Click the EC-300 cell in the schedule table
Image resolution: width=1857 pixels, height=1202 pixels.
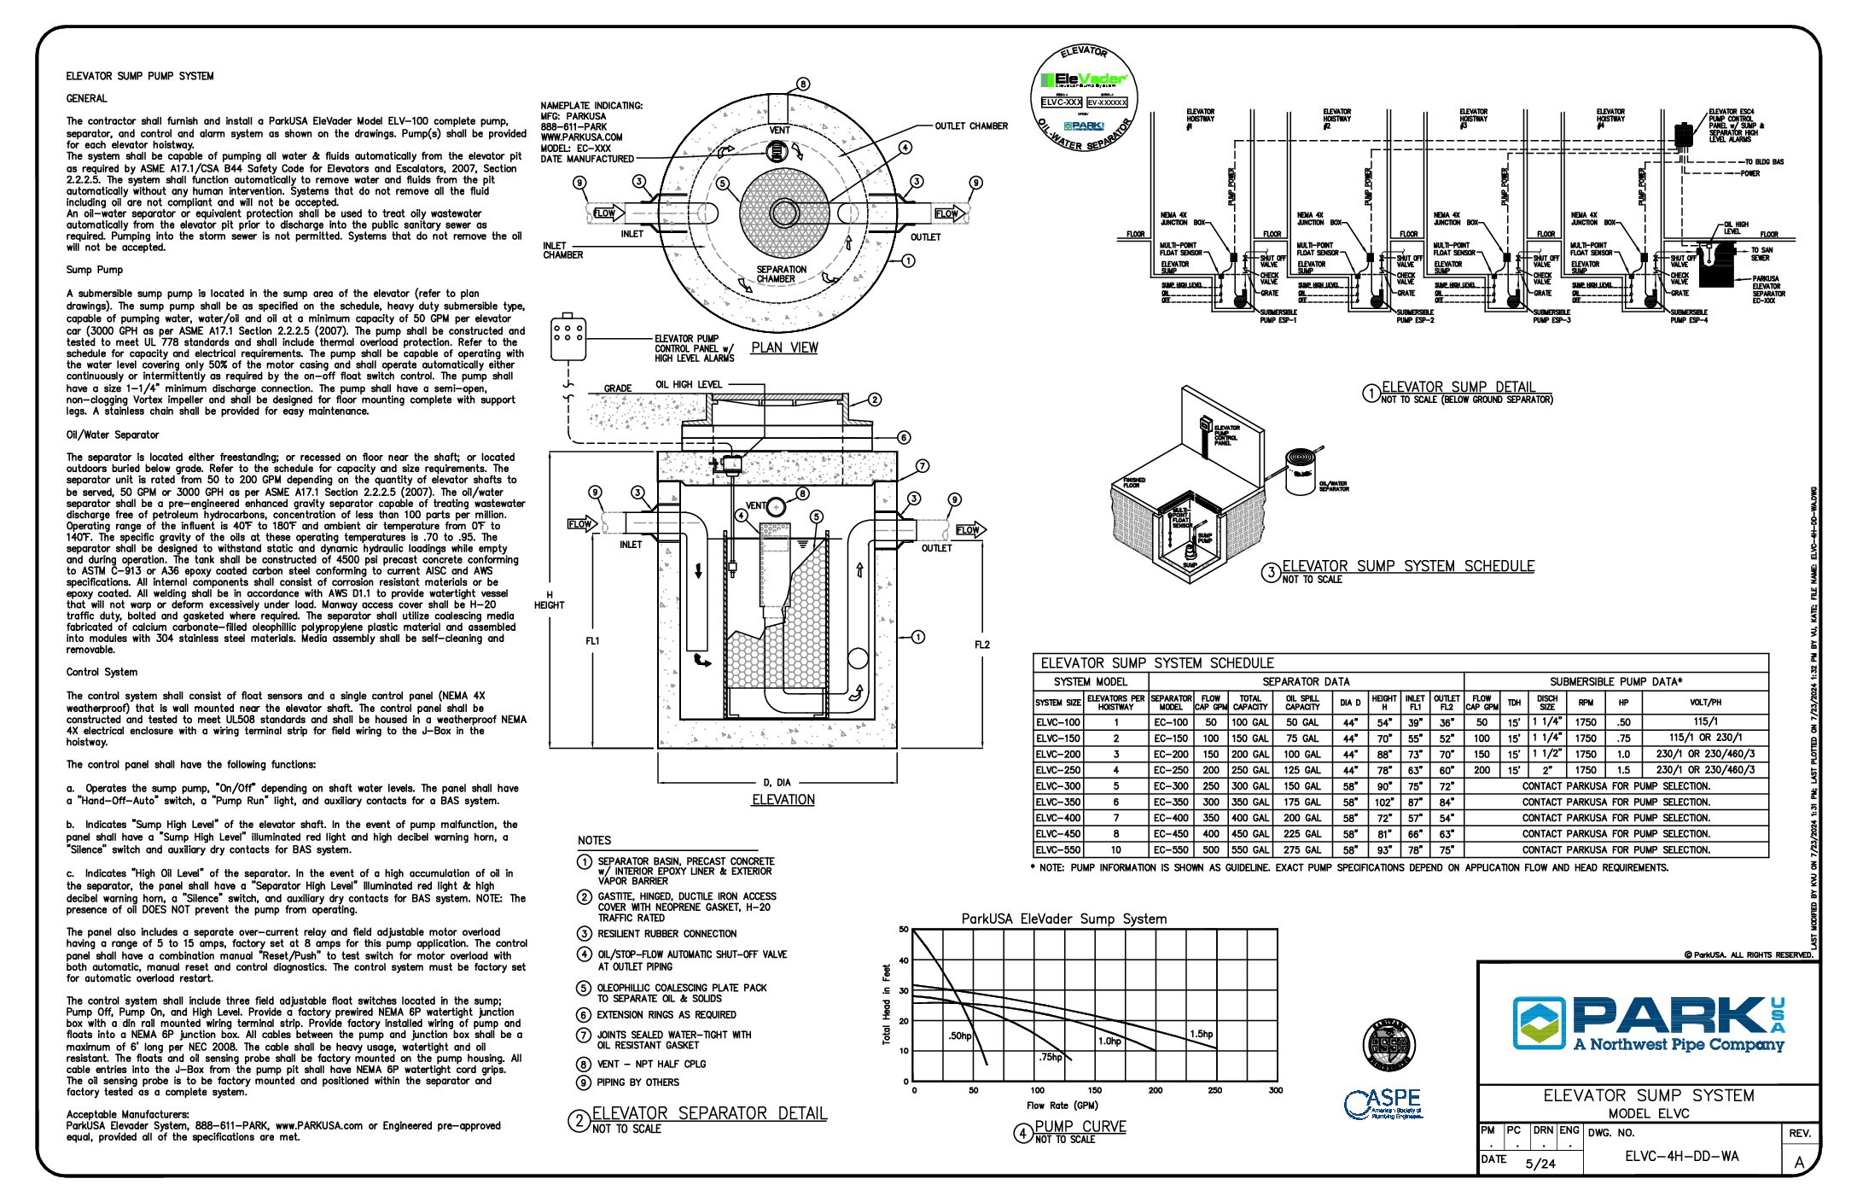tap(1171, 786)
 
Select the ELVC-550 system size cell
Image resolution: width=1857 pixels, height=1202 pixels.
tap(1058, 850)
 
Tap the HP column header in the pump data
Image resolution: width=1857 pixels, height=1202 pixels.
tap(1623, 703)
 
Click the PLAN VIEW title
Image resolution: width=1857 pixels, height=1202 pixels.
tap(784, 347)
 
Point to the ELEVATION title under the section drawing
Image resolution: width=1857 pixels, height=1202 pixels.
tap(783, 800)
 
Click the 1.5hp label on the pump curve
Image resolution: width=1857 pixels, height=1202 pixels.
tap(1201, 1034)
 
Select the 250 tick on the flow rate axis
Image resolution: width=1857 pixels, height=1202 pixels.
tap(1214, 1090)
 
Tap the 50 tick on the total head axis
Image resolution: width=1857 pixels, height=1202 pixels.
tap(904, 930)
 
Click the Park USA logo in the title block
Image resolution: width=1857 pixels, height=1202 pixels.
tap(1648, 1024)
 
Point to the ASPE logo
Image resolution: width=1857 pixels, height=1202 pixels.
tap(1383, 1103)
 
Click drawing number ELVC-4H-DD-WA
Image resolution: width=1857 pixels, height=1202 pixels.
tap(1681, 1157)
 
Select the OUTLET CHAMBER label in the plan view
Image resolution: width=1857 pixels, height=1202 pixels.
tap(971, 126)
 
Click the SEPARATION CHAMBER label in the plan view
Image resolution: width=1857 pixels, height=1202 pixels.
tap(781, 274)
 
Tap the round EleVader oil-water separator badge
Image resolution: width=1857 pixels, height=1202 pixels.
tap(1084, 99)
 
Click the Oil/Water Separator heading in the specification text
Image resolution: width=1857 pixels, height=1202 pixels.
tap(113, 435)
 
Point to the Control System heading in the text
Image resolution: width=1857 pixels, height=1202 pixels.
tap(102, 672)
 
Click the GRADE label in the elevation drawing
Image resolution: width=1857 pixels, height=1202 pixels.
tap(618, 388)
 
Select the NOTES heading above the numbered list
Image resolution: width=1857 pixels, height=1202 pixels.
tap(594, 840)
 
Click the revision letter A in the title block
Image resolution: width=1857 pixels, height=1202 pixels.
tap(1799, 1162)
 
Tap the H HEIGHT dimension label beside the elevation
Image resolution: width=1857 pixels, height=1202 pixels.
tap(549, 600)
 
